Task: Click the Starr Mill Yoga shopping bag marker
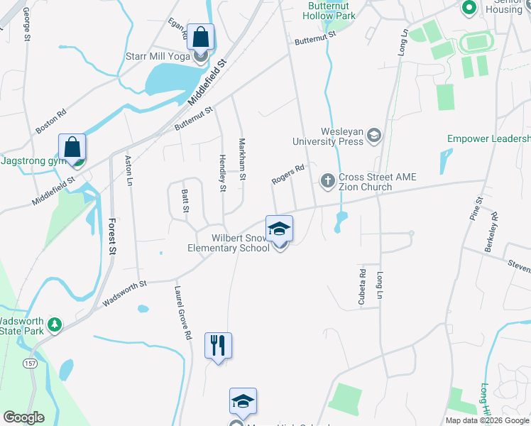201,38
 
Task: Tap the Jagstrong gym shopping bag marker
72,148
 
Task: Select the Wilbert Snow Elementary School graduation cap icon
280,229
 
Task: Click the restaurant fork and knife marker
218,346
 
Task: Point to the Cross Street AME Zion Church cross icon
328,180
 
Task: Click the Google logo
23,417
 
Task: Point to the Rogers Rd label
288,175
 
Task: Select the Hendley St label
222,174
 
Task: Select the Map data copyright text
486,420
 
